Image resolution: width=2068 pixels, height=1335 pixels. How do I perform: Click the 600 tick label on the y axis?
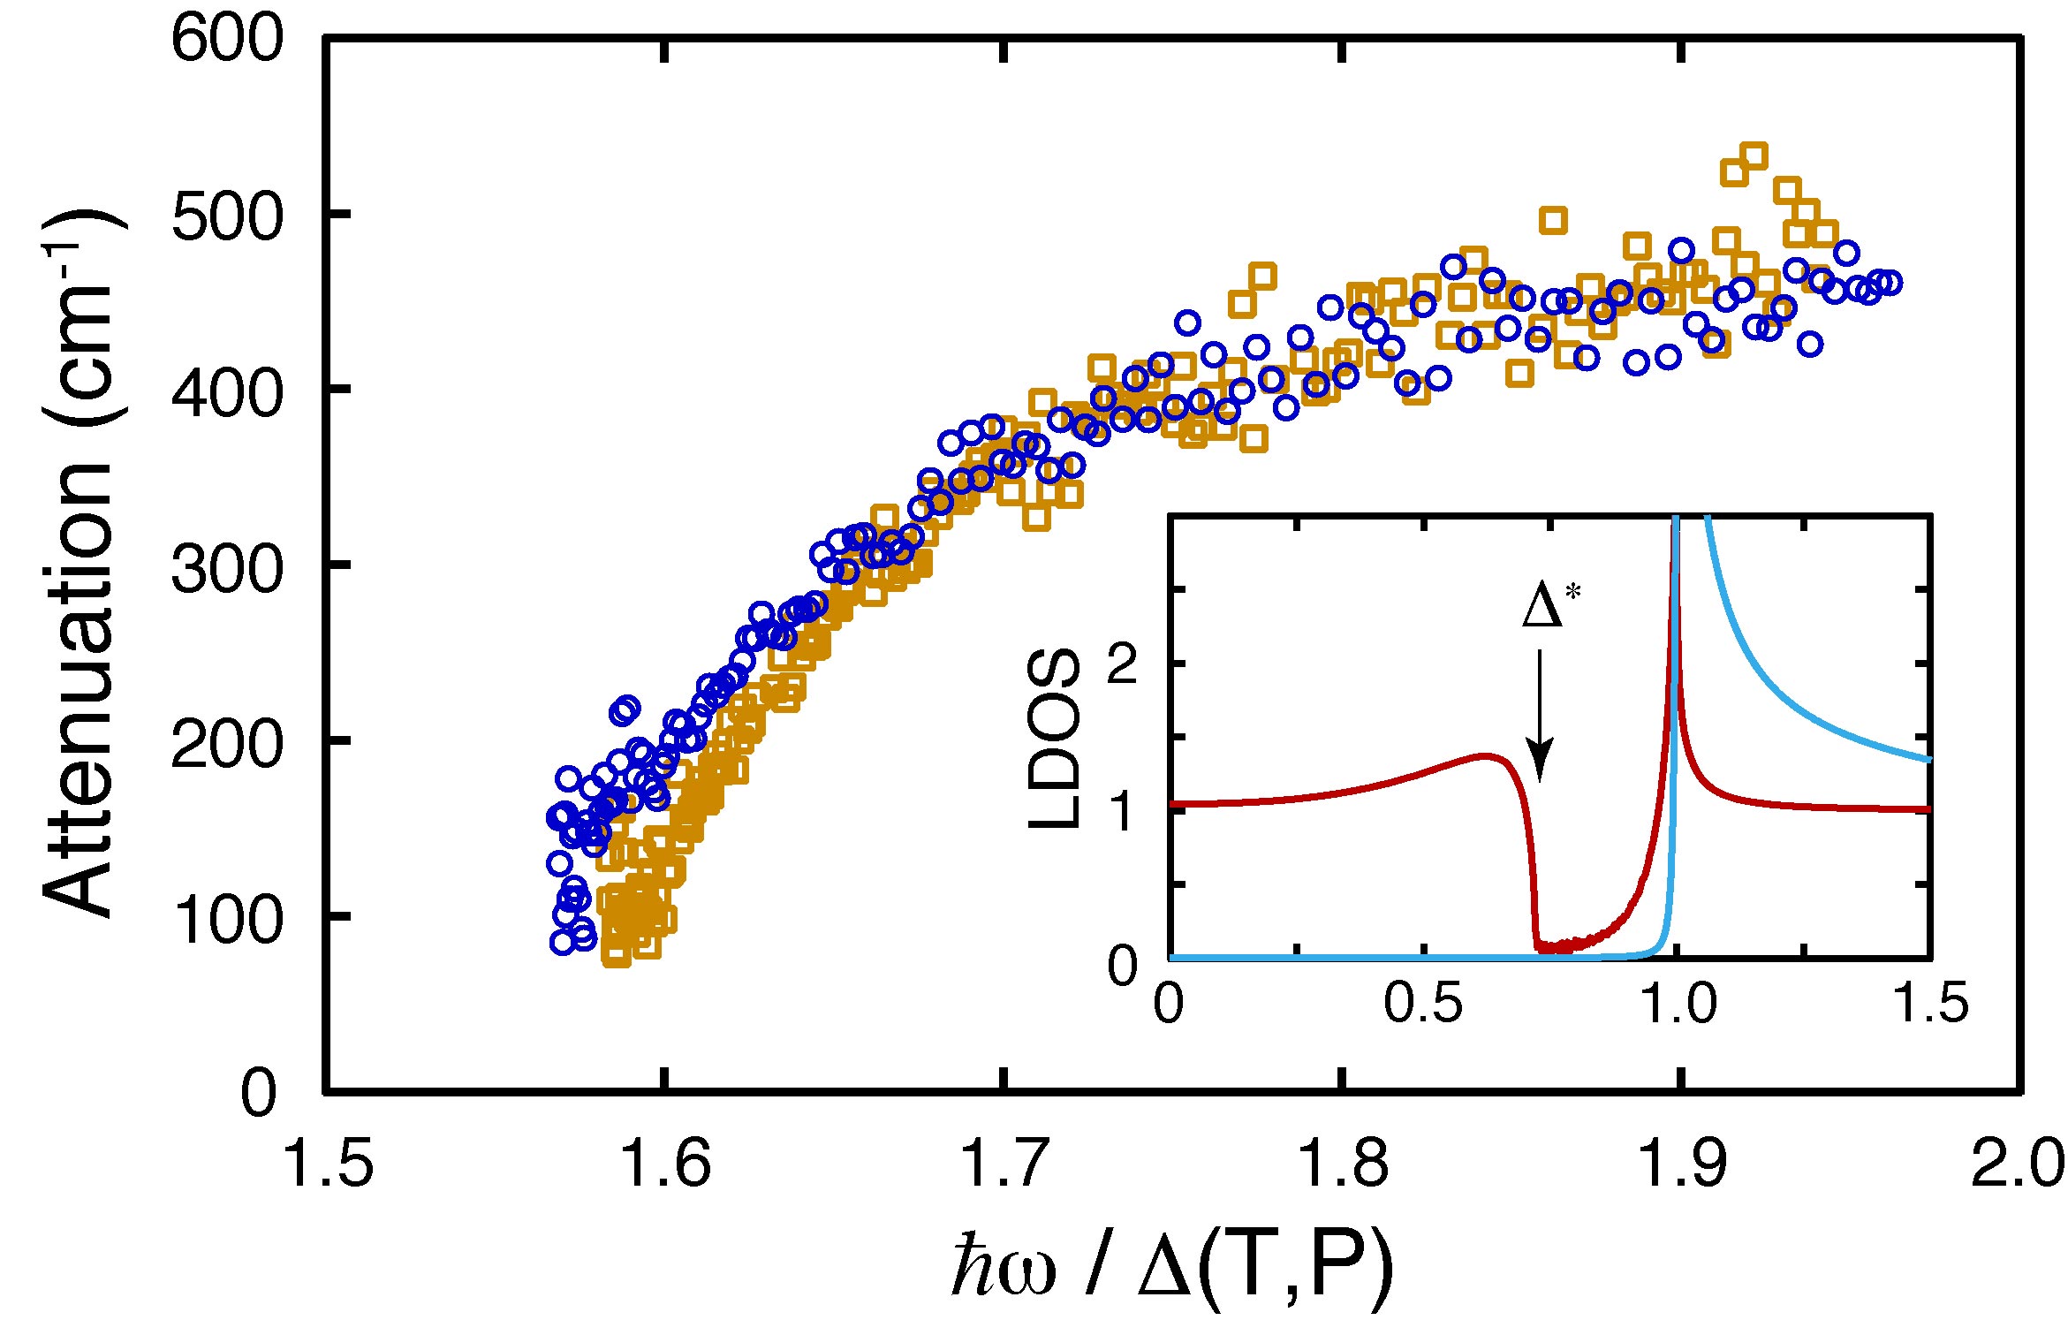pyautogui.click(x=227, y=40)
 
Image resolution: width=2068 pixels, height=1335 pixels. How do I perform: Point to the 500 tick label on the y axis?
pyautogui.click(x=227, y=216)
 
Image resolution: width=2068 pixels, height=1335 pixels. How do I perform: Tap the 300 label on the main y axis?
pyautogui.click(x=227, y=566)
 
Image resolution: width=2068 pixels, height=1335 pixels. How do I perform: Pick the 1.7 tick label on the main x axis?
pyautogui.click(x=1004, y=1164)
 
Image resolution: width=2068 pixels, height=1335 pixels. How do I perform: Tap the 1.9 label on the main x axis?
pyautogui.click(x=1681, y=1164)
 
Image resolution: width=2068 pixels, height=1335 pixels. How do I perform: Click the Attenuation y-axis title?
pyautogui.click(x=80, y=565)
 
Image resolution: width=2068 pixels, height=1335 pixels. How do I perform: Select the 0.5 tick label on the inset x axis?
pyautogui.click(x=1423, y=1005)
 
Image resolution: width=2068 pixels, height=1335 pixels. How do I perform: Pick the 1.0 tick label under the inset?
pyautogui.click(x=1678, y=1005)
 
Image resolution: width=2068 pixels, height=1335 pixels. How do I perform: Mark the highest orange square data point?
pyautogui.click(x=1754, y=155)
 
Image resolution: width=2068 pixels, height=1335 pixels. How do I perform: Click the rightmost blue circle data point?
pyautogui.click(x=1890, y=283)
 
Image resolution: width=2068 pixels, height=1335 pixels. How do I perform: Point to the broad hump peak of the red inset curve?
pyautogui.click(x=1486, y=755)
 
